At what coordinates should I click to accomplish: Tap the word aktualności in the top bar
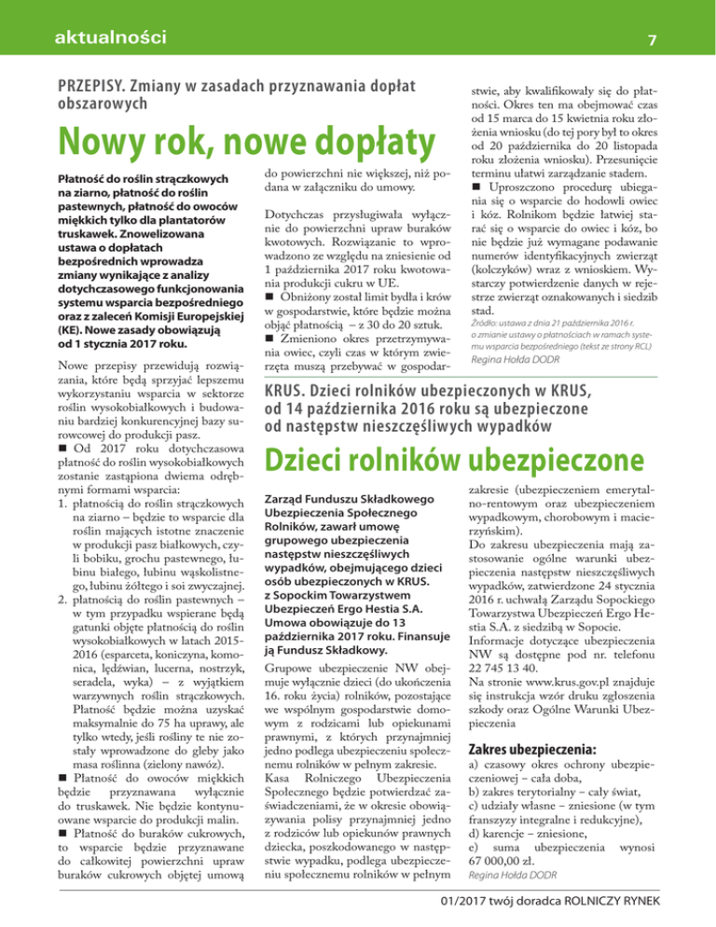pos(111,38)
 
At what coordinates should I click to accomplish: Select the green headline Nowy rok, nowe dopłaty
pos(237,139)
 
